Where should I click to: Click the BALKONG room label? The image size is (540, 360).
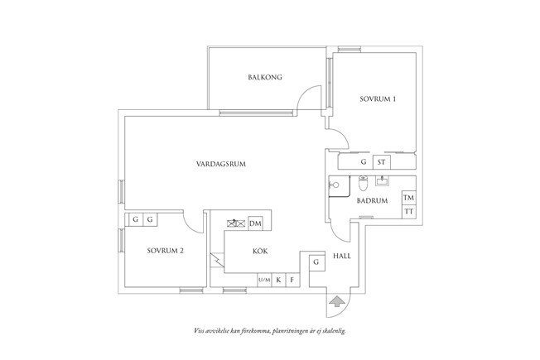pyautogui.click(x=265, y=78)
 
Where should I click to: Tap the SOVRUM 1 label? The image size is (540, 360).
pyautogui.click(x=377, y=99)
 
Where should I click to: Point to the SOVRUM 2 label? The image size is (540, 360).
pyautogui.click(x=165, y=250)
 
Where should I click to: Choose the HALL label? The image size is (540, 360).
pyautogui.click(x=342, y=257)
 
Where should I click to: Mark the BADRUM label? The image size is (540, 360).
pyautogui.click(x=373, y=200)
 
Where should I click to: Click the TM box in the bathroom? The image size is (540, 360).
pyautogui.click(x=407, y=199)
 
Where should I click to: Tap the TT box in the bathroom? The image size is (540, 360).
pyautogui.click(x=407, y=213)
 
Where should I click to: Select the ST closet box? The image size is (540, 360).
pyautogui.click(x=382, y=162)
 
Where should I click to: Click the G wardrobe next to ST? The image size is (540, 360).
pyautogui.click(x=363, y=162)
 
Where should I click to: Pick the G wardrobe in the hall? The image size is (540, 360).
pyautogui.click(x=316, y=262)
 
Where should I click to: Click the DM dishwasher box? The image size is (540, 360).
pyautogui.click(x=255, y=223)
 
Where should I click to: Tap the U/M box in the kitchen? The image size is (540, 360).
pyautogui.click(x=263, y=281)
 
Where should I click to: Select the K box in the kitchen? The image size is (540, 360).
pyautogui.click(x=278, y=281)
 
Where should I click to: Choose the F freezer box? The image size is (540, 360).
pyautogui.click(x=292, y=281)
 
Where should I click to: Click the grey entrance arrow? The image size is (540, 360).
pyautogui.click(x=337, y=300)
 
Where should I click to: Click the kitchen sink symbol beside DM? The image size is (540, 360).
pyautogui.click(x=235, y=223)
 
